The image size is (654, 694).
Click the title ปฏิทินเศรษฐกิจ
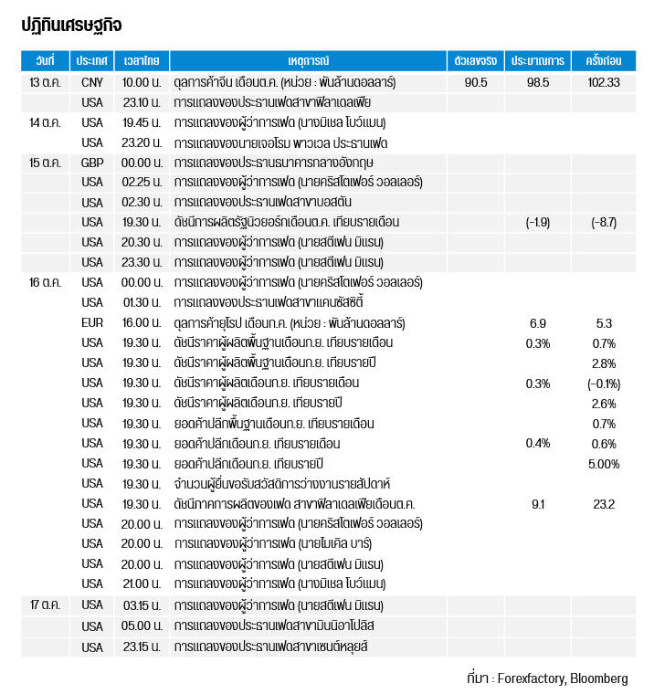click(71, 25)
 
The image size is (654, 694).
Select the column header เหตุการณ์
click(308, 61)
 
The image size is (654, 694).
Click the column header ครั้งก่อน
click(604, 61)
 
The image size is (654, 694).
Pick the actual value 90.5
click(476, 82)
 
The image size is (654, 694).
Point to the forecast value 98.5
click(538, 82)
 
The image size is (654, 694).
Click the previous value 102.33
click(604, 82)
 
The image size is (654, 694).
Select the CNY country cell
click(92, 82)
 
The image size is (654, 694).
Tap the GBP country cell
click(92, 163)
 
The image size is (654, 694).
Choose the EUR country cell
click(92, 323)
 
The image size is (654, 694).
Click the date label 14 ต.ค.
click(45, 122)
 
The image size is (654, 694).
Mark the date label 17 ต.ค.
click(45, 605)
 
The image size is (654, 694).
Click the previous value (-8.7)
click(604, 223)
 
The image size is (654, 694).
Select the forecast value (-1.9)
click(538, 223)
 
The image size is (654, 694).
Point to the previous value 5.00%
click(604, 464)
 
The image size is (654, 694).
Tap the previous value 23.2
click(604, 504)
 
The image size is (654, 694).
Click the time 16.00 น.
click(142, 323)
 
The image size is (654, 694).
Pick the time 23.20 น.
click(142, 142)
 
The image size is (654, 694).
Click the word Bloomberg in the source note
click(599, 678)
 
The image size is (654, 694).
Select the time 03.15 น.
click(142, 605)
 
